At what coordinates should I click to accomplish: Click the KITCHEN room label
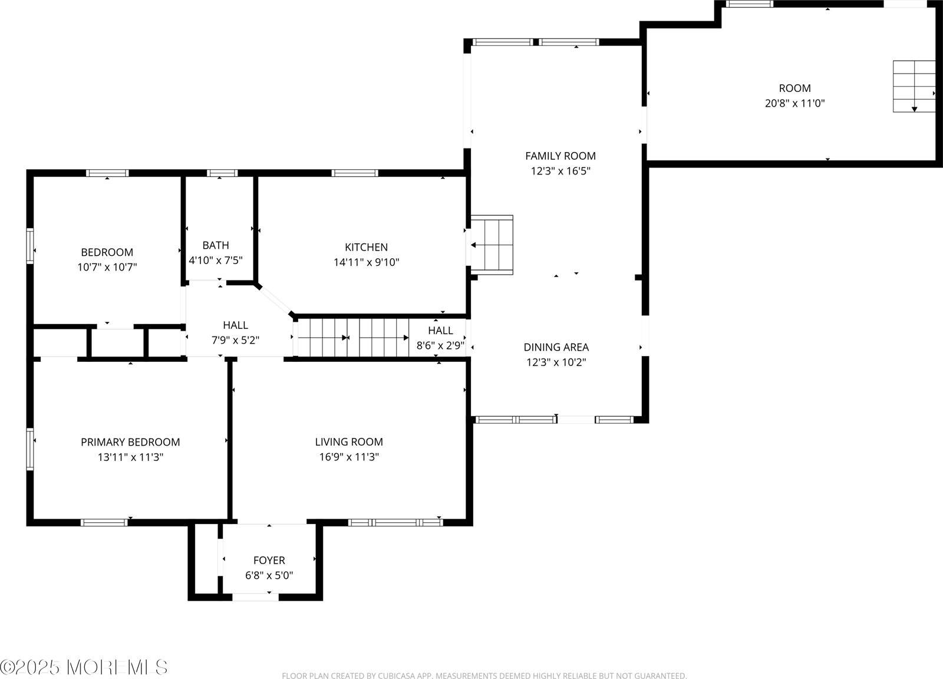click(366, 247)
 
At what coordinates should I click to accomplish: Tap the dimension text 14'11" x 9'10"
click(366, 262)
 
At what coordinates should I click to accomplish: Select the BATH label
click(215, 245)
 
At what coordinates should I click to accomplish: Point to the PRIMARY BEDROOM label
click(130, 442)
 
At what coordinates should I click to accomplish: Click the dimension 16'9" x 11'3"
click(349, 457)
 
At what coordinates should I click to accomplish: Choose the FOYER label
click(269, 561)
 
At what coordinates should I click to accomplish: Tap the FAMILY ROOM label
click(560, 156)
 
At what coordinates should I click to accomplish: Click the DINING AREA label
click(556, 348)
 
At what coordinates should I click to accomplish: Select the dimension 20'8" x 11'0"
click(794, 103)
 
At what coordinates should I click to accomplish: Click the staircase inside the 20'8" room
click(914, 86)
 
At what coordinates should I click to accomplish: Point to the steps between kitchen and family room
click(492, 245)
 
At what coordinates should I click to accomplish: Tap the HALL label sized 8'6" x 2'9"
click(440, 331)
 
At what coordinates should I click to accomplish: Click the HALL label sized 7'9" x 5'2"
click(235, 325)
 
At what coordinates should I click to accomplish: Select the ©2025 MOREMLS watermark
click(84, 667)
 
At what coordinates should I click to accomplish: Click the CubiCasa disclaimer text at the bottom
click(484, 675)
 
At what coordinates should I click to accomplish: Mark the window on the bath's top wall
click(222, 173)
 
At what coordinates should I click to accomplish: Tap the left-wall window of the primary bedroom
click(29, 449)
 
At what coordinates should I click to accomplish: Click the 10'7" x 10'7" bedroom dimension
click(107, 267)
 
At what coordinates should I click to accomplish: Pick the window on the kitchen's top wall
click(354, 173)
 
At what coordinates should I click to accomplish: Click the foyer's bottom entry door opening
click(255, 597)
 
